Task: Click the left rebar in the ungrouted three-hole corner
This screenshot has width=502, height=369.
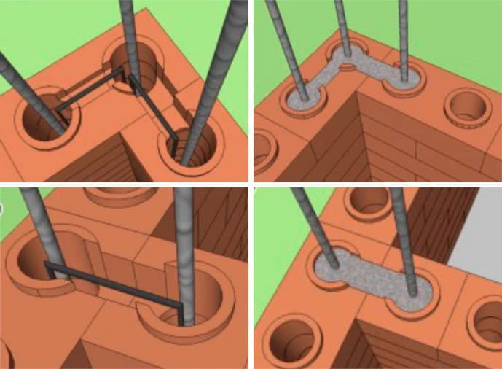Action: (22, 80)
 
